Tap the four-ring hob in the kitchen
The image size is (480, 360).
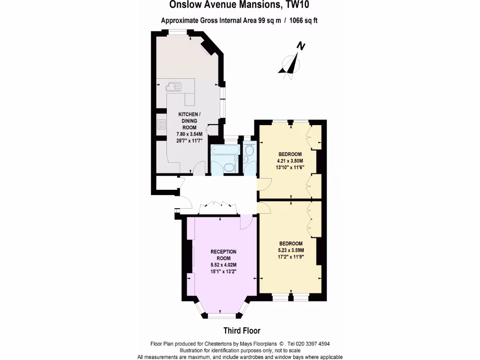[x=162, y=125]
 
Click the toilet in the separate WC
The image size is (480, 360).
[x=249, y=150]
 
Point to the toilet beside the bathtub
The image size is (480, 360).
[x=229, y=167]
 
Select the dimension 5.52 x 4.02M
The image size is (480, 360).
[x=223, y=265]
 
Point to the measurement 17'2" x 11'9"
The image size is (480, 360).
[x=292, y=256]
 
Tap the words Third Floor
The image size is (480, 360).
[x=241, y=330]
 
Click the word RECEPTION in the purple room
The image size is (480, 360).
[x=223, y=252]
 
